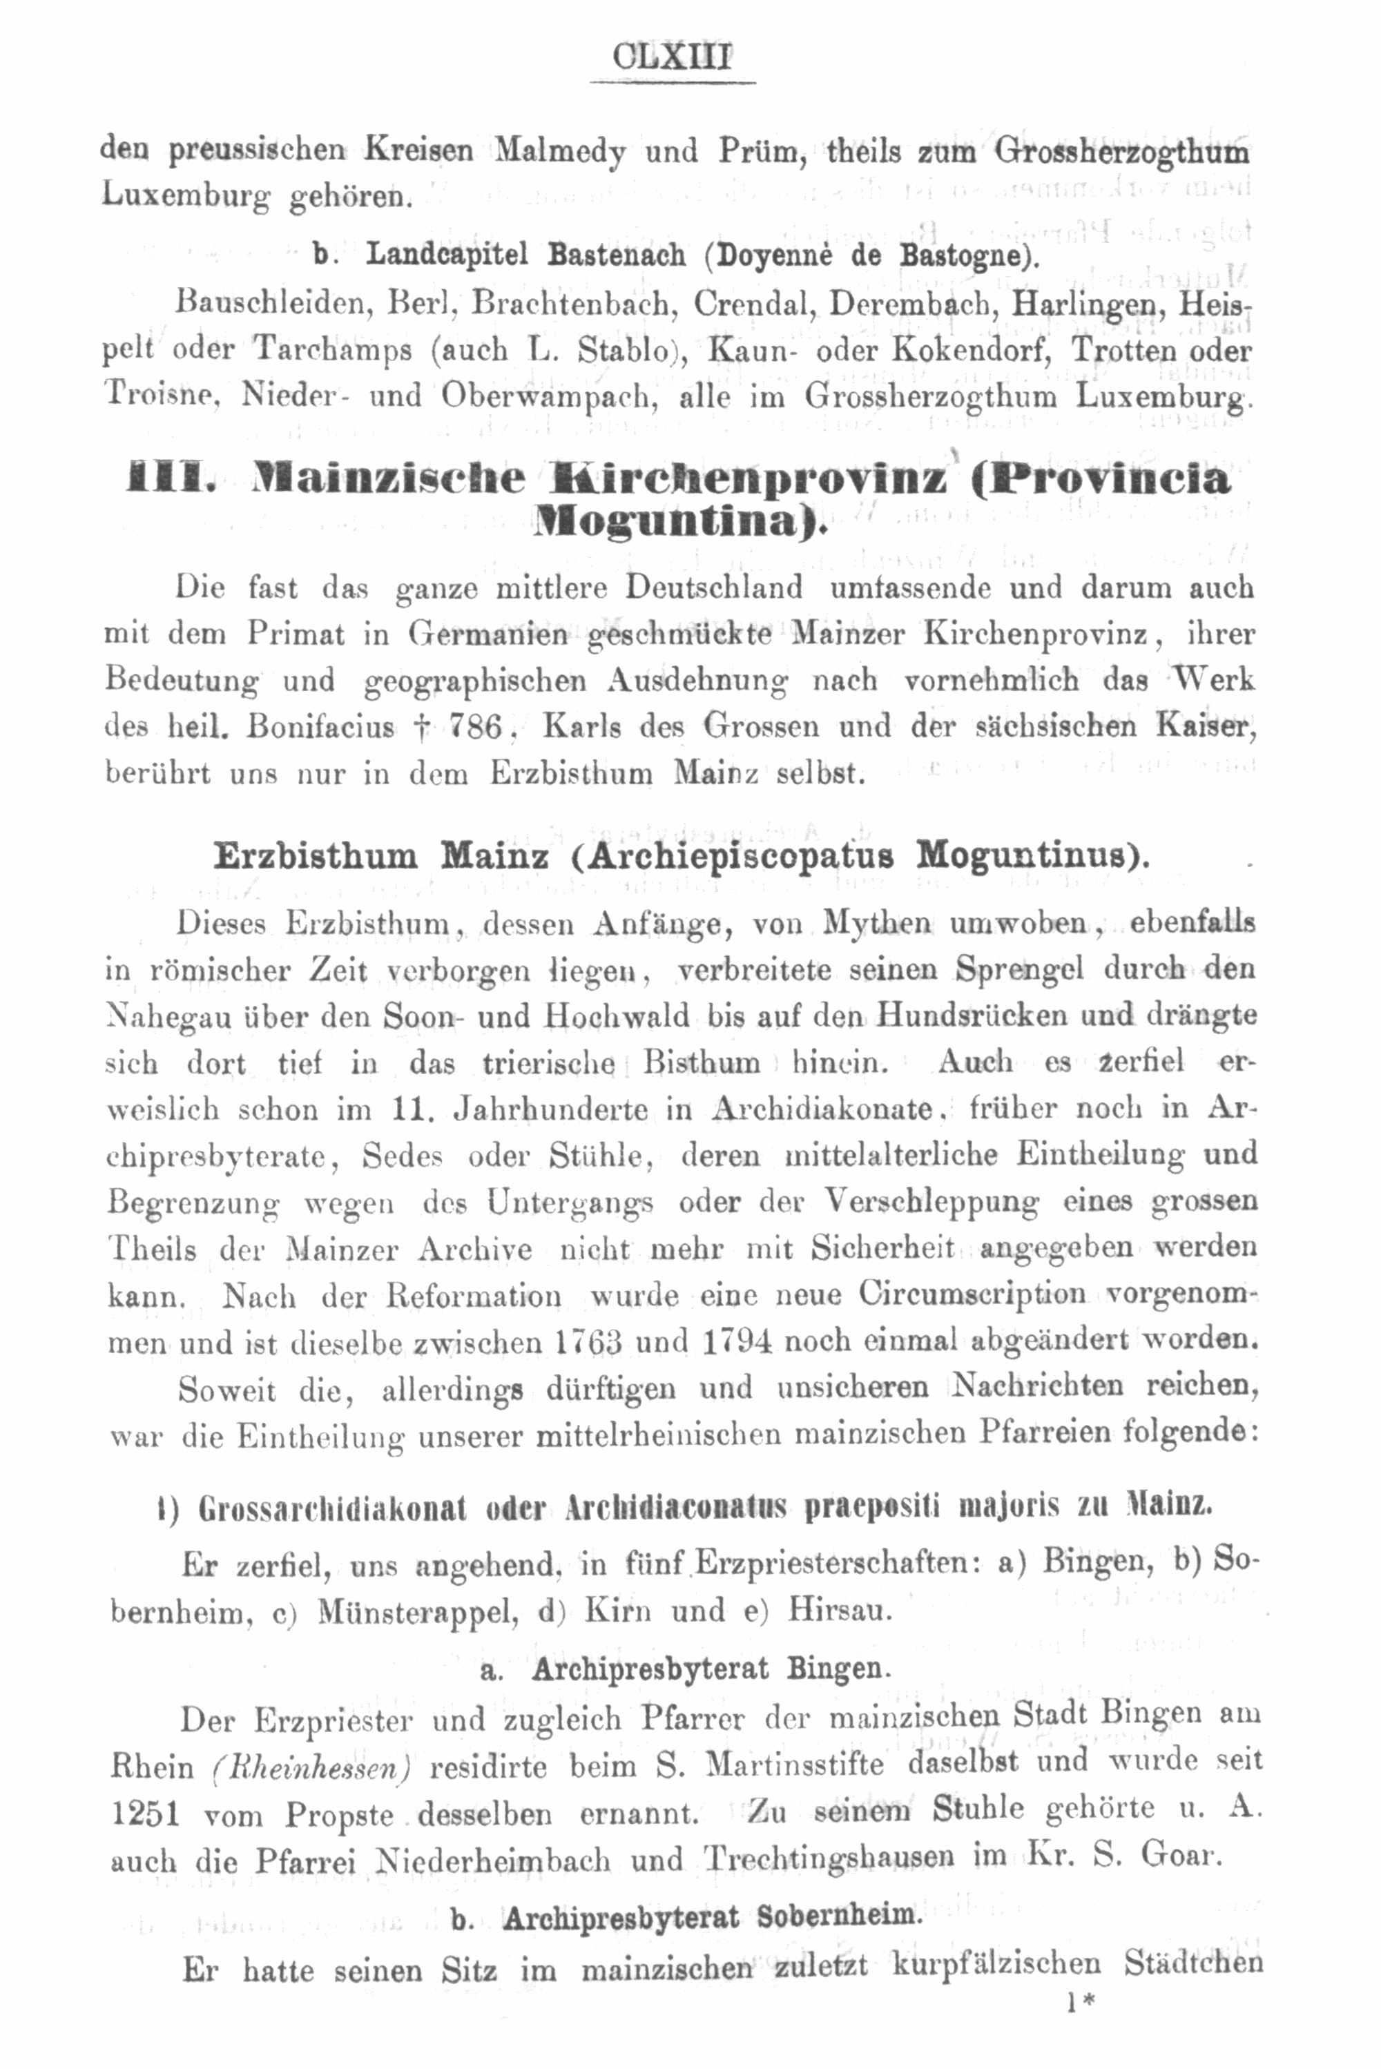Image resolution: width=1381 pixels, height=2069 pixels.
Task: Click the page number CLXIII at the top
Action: point(671,58)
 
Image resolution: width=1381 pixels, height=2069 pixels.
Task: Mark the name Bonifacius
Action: point(320,727)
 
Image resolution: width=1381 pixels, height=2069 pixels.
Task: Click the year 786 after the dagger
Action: point(474,727)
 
